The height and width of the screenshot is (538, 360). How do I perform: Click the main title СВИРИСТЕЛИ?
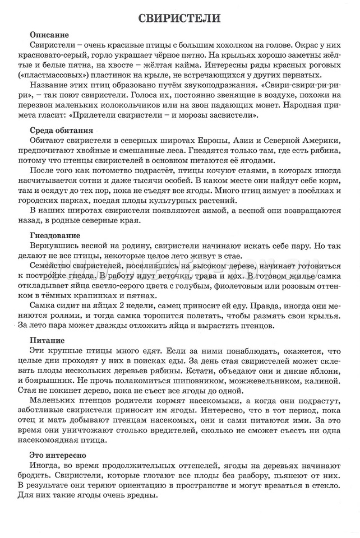click(x=179, y=18)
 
